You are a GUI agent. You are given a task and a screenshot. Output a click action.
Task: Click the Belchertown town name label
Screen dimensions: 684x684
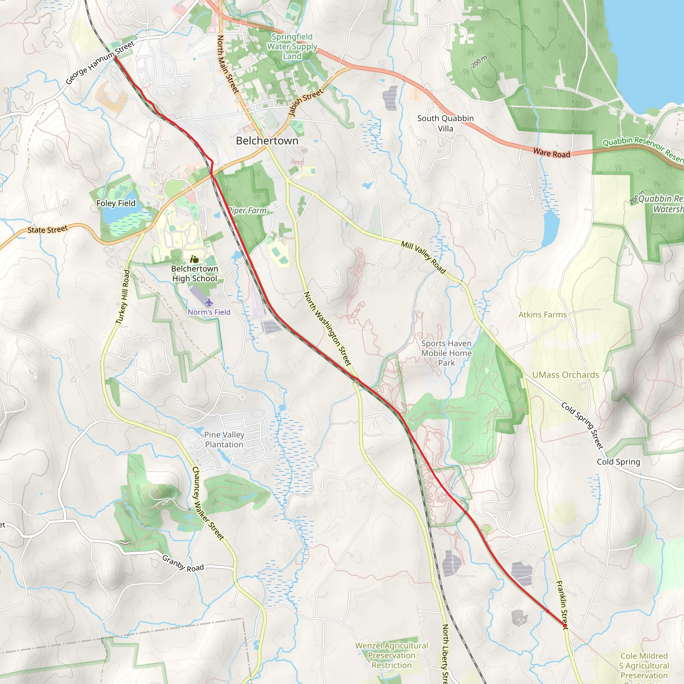tap(267, 141)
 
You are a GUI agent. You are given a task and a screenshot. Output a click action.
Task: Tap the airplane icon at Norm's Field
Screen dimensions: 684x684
tap(209, 303)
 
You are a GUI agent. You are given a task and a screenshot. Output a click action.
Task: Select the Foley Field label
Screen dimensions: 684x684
tap(116, 203)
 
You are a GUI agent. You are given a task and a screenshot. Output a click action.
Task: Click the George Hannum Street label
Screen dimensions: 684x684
tap(100, 63)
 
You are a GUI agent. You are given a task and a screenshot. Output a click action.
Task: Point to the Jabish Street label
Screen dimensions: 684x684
tap(306, 102)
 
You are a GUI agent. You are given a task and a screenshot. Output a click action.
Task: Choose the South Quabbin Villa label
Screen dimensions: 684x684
tap(446, 124)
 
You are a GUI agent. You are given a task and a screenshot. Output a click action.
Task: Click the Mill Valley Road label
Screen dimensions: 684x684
tap(423, 257)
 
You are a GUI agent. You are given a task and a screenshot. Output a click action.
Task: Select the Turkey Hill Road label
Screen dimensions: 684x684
tap(123, 297)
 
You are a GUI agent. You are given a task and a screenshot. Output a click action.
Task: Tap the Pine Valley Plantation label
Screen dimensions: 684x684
tap(224, 440)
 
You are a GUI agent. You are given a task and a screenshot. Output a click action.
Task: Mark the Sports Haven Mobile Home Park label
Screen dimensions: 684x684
tap(447, 353)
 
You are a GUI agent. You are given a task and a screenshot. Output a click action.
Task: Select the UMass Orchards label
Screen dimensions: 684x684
tap(565, 375)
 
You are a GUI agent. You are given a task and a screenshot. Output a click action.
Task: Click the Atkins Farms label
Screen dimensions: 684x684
tap(542, 315)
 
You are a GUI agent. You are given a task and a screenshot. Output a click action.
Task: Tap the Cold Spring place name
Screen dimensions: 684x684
tap(619, 462)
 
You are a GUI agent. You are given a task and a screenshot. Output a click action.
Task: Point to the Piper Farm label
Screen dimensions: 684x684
tap(247, 211)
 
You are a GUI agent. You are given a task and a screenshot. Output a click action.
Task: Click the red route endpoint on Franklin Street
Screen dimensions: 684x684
tap(565, 626)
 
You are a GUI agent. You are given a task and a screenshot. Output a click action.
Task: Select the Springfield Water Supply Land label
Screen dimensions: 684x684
tap(292, 46)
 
